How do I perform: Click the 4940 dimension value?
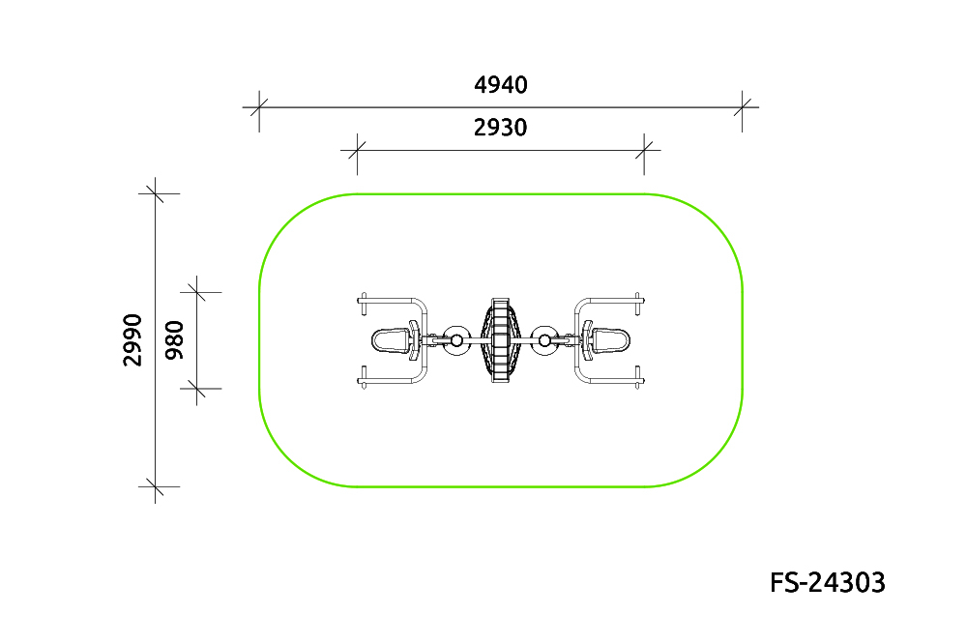pyautogui.click(x=500, y=84)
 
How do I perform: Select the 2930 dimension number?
pyautogui.click(x=500, y=128)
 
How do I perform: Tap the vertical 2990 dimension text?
pyautogui.click(x=132, y=340)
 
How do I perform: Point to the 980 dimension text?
pyautogui.click(x=175, y=340)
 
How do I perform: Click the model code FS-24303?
pyautogui.click(x=828, y=582)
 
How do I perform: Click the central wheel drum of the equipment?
pyautogui.click(x=501, y=340)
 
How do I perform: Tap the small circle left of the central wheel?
pyautogui.click(x=456, y=340)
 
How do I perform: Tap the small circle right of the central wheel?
pyautogui.click(x=545, y=340)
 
